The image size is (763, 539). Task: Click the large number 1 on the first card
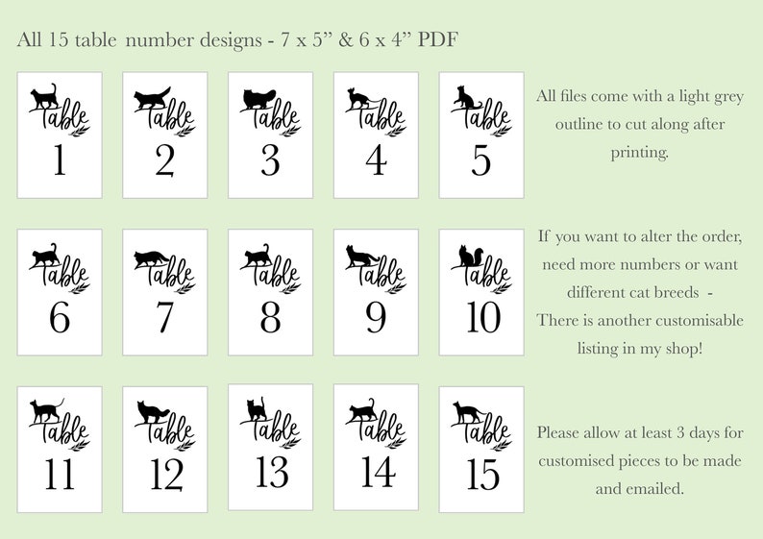[x=60, y=160]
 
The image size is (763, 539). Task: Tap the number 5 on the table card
[x=481, y=160]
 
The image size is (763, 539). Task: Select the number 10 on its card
[x=481, y=317]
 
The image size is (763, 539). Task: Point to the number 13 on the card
[x=270, y=469]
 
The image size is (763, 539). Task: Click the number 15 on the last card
[x=481, y=474]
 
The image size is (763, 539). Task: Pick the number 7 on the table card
[x=164, y=317]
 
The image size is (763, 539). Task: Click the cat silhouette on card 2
[x=152, y=98]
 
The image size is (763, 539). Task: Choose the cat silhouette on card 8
[x=258, y=256]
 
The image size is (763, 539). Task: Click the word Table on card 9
[x=380, y=273]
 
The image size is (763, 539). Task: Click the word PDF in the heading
[x=438, y=40]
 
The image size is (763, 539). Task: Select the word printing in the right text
[x=639, y=152]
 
